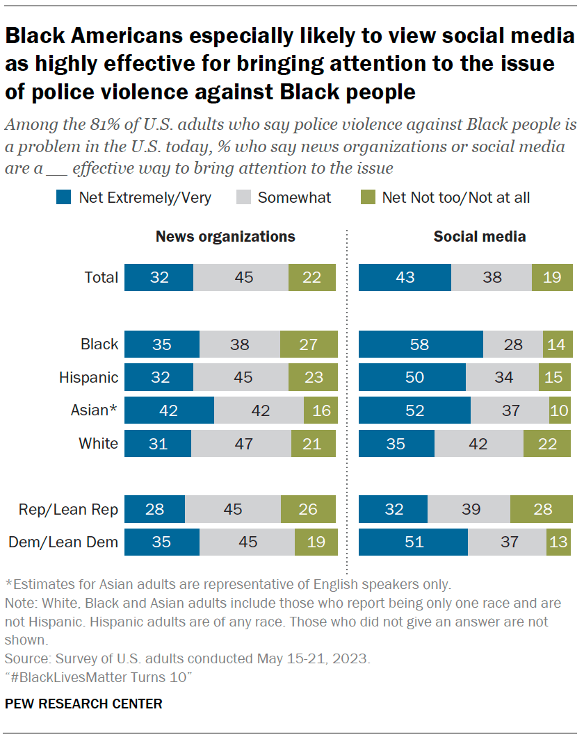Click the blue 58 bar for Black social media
click(x=421, y=344)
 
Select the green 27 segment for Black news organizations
click(x=309, y=344)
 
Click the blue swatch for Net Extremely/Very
click(x=64, y=197)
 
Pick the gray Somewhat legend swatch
click(x=243, y=197)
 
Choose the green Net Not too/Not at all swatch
click(x=367, y=197)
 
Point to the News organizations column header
click(x=225, y=236)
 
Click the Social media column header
click(x=479, y=236)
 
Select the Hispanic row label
click(x=88, y=377)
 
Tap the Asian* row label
click(x=92, y=410)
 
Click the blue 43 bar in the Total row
click(x=405, y=277)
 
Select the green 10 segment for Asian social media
click(x=559, y=410)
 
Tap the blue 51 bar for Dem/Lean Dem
click(x=413, y=542)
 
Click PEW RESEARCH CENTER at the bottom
click(x=83, y=704)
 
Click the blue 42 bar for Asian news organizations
click(x=169, y=410)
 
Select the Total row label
click(x=102, y=277)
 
